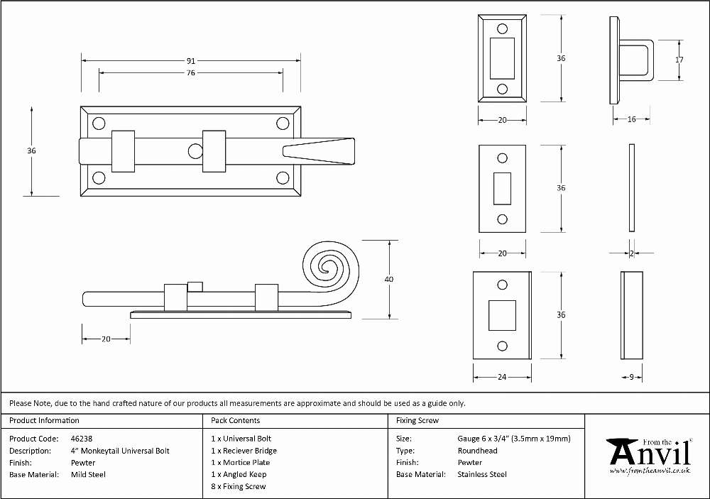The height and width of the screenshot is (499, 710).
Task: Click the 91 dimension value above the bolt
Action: (190, 60)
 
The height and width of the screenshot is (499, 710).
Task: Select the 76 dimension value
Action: (190, 72)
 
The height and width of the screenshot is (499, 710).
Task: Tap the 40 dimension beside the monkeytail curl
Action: (389, 280)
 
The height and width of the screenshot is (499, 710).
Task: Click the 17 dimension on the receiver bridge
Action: (679, 60)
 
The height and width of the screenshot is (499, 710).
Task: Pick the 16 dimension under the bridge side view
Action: (632, 119)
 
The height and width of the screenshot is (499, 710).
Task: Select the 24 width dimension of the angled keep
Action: (502, 377)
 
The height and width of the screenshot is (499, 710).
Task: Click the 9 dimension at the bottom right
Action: (632, 377)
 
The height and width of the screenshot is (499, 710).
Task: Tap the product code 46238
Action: (82, 439)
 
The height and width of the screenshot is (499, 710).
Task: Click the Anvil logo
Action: (650, 456)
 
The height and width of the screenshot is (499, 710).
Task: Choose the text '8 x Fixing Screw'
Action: (238, 486)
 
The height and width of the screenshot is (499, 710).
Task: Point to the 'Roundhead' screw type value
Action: (477, 451)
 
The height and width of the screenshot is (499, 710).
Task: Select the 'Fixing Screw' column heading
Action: (417, 420)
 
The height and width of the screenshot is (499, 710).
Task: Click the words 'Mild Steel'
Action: (88, 475)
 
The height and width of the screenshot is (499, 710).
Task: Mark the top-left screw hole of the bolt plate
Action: (99, 124)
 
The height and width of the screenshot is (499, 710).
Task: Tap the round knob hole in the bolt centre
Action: (195, 151)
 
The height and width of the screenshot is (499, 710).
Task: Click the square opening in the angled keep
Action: (502, 315)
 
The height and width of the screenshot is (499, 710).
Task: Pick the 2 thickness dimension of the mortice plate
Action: (632, 253)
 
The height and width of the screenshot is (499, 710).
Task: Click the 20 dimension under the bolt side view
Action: (106, 339)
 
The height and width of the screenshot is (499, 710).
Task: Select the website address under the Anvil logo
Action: (650, 471)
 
